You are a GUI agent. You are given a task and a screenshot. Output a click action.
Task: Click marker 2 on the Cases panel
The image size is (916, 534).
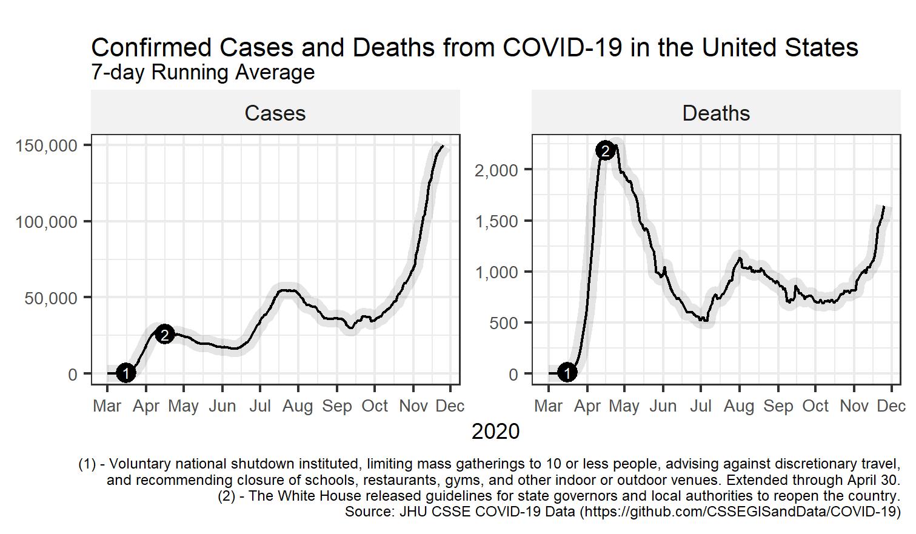164,334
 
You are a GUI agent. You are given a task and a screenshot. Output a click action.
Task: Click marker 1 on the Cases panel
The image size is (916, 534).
125,373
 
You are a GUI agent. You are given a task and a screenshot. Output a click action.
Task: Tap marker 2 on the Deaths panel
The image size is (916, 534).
606,150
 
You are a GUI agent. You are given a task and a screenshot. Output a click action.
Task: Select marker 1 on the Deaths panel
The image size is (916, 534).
567,373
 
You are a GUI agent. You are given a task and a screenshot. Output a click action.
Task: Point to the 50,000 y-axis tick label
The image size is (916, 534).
51,298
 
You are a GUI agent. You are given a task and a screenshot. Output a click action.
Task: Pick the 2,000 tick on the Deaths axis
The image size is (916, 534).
496,170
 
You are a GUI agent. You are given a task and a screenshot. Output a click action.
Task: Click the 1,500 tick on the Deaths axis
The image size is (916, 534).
496,221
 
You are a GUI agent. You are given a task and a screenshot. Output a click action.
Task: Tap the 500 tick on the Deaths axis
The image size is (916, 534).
504,323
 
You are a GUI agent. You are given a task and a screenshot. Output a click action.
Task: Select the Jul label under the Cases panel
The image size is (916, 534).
260,406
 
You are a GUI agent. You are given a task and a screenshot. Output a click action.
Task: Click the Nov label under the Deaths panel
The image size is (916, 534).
854,406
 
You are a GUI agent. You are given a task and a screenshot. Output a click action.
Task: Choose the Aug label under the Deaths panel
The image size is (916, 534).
739,406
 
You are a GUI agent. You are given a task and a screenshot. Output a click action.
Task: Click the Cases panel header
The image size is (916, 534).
275,113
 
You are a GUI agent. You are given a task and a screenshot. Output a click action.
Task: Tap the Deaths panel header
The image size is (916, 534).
716,113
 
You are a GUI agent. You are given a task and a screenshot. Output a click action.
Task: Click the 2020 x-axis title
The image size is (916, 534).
495,432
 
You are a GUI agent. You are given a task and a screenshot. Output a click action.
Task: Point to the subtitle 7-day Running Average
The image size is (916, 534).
202,72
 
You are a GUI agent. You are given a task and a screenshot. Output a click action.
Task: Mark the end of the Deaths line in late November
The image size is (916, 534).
884,207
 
